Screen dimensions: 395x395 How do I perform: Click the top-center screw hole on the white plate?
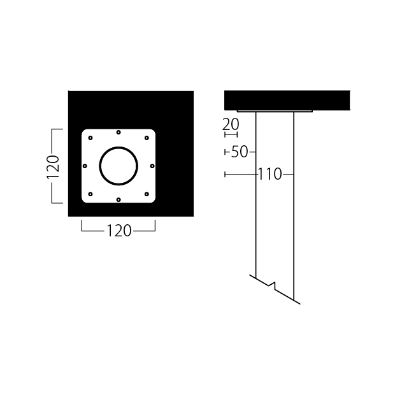tap(118, 133)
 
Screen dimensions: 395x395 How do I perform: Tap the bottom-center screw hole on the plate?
tap(118, 199)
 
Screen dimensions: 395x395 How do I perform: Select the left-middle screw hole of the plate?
tap(85, 166)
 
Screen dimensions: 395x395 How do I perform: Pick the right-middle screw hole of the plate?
tap(152, 166)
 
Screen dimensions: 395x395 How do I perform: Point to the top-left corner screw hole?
tap(90, 138)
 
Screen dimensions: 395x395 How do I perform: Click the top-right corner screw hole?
tap(147, 138)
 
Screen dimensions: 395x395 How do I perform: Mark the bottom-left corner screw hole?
tap(90, 194)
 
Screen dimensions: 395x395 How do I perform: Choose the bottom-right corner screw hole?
tap(147, 194)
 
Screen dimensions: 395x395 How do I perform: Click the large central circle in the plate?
tap(118, 166)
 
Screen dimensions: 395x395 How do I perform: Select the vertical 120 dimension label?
tap(54, 166)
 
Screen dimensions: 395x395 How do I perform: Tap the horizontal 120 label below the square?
tap(118, 231)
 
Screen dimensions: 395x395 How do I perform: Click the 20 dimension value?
tap(230, 124)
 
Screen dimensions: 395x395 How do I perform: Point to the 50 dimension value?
tap(240, 152)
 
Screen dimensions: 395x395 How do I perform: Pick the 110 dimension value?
tap(270, 174)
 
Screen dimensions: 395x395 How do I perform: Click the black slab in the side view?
tap(287, 100)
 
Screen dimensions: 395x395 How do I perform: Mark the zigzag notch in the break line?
tap(274, 284)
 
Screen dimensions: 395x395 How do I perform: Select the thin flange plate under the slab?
tap(275, 111)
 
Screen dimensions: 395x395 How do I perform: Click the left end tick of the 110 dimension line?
tap(226, 174)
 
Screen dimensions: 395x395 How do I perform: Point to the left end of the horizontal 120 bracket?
tap(82, 226)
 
